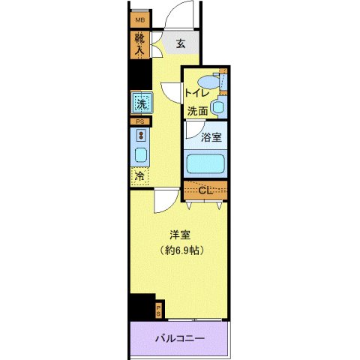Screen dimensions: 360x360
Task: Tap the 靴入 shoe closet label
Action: click(x=139, y=46)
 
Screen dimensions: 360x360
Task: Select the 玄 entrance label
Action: click(x=181, y=43)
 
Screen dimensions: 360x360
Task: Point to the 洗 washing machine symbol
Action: click(x=140, y=101)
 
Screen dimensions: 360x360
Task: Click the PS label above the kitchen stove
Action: click(x=139, y=121)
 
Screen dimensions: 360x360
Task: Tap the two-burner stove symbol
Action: click(x=140, y=136)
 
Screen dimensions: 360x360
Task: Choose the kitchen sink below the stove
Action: click(x=140, y=155)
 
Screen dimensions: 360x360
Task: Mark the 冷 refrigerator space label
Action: click(x=140, y=176)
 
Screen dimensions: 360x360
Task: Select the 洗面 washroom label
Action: click(x=198, y=110)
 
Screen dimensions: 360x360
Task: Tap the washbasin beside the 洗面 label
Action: click(x=217, y=107)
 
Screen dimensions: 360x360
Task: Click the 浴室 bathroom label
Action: click(x=211, y=137)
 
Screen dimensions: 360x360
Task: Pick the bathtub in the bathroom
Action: click(x=205, y=163)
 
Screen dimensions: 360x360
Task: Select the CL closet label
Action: click(x=205, y=190)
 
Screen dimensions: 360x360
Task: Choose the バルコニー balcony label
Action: click(x=179, y=338)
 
